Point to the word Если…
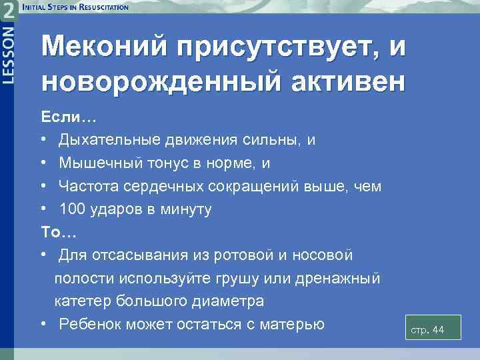69,118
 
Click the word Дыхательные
110,141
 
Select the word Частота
86,187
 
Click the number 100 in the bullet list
72,209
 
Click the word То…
60,232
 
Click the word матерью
289,324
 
